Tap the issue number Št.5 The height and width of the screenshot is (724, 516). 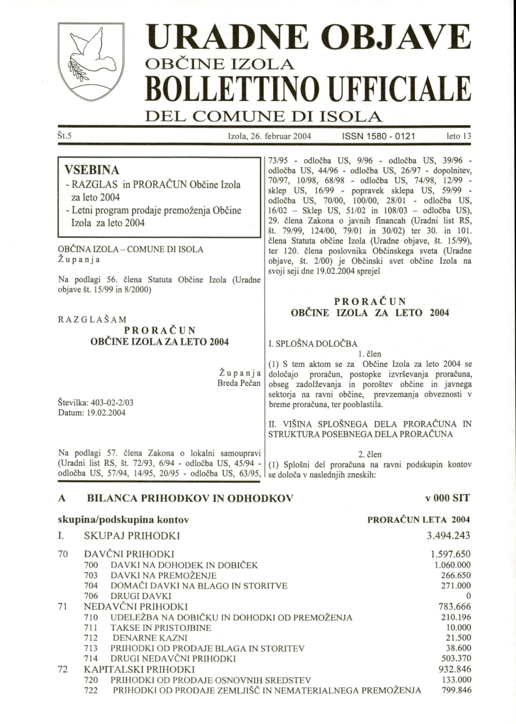[65, 137]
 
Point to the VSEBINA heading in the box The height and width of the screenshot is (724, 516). [91, 170]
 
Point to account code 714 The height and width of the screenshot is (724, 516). [91, 659]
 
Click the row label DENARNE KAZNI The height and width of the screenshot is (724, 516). [142, 638]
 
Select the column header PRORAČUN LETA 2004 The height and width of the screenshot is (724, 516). [419, 519]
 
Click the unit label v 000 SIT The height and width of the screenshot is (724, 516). [446, 498]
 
